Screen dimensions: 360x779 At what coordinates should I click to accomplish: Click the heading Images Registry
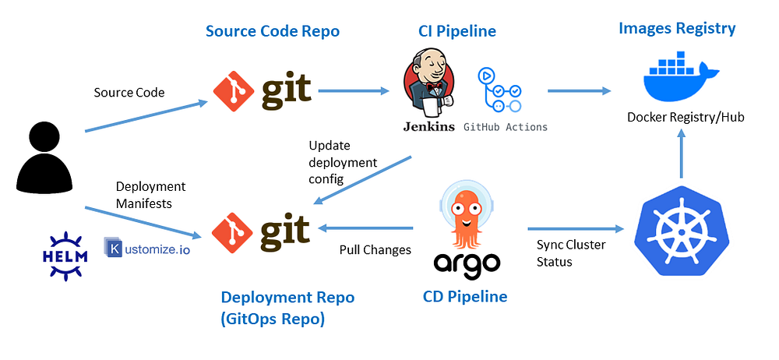tap(676, 29)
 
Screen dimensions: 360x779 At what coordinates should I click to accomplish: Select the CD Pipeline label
tap(464, 297)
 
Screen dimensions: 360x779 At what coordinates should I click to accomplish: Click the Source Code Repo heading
tap(273, 31)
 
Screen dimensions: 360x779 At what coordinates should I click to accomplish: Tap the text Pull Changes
tap(375, 250)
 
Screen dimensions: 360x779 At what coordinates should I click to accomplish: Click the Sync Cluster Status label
tap(570, 253)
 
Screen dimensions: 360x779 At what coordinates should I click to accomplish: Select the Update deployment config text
tap(343, 162)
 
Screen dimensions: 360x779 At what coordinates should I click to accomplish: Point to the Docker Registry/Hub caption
tap(686, 117)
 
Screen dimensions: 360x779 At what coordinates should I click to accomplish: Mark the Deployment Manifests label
tap(150, 195)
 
